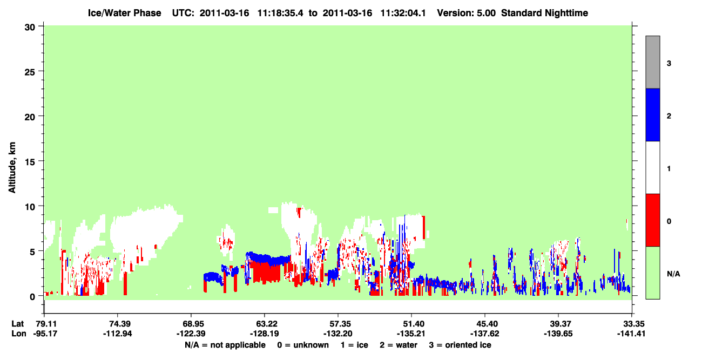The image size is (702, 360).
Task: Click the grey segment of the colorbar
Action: (x=652, y=62)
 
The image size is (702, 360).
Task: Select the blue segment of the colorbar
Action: (x=652, y=114)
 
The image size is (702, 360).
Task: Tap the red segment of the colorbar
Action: (x=652, y=220)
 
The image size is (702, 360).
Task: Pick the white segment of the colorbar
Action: (x=652, y=168)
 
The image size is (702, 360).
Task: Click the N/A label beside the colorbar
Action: (x=673, y=274)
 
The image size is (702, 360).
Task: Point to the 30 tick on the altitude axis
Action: (x=30, y=28)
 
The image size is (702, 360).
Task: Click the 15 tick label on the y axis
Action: (x=30, y=161)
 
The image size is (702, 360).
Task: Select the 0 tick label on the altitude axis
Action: (x=32, y=296)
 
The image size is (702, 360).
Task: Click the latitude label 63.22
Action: (x=265, y=324)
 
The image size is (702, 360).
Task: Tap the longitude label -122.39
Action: (x=191, y=334)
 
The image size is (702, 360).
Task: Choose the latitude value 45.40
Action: (x=485, y=324)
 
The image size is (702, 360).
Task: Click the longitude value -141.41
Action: (x=631, y=334)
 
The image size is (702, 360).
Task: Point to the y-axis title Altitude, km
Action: (x=12, y=168)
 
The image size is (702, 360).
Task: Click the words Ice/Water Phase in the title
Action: (x=124, y=13)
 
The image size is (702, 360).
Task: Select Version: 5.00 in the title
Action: (x=467, y=13)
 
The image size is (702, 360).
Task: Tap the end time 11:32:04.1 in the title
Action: (x=403, y=13)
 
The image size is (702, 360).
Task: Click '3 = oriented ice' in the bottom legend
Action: (x=460, y=345)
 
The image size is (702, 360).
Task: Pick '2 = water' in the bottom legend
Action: (x=399, y=345)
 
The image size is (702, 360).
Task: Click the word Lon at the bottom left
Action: (x=19, y=334)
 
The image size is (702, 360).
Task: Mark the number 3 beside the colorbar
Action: (x=669, y=64)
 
